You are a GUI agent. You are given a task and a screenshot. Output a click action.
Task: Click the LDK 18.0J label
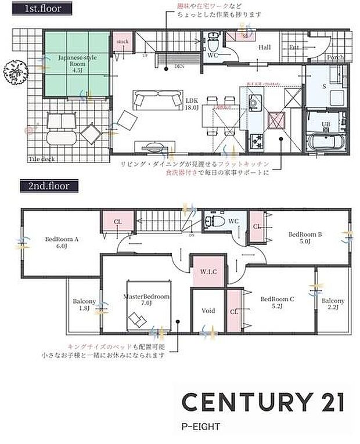(x=192, y=103)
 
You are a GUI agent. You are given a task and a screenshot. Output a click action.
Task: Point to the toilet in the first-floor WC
(x=213, y=41)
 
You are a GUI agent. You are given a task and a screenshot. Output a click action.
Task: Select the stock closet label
(x=122, y=42)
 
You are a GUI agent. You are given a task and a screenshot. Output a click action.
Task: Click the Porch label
(x=335, y=57)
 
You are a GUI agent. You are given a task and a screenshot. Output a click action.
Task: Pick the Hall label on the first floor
(x=265, y=48)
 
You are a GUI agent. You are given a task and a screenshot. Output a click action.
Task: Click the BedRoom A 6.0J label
(x=61, y=241)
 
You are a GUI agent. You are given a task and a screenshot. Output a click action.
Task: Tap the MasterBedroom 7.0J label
(x=146, y=299)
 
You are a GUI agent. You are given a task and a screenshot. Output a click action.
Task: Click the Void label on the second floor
(x=208, y=311)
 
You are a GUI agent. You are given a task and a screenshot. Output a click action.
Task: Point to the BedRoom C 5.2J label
(x=278, y=303)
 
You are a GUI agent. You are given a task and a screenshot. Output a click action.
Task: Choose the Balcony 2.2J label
(x=333, y=304)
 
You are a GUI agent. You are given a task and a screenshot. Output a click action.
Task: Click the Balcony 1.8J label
(x=84, y=305)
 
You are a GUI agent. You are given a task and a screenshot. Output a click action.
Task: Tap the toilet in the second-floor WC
(x=213, y=222)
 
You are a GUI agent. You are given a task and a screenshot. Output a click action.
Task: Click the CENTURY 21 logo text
(x=263, y=402)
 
